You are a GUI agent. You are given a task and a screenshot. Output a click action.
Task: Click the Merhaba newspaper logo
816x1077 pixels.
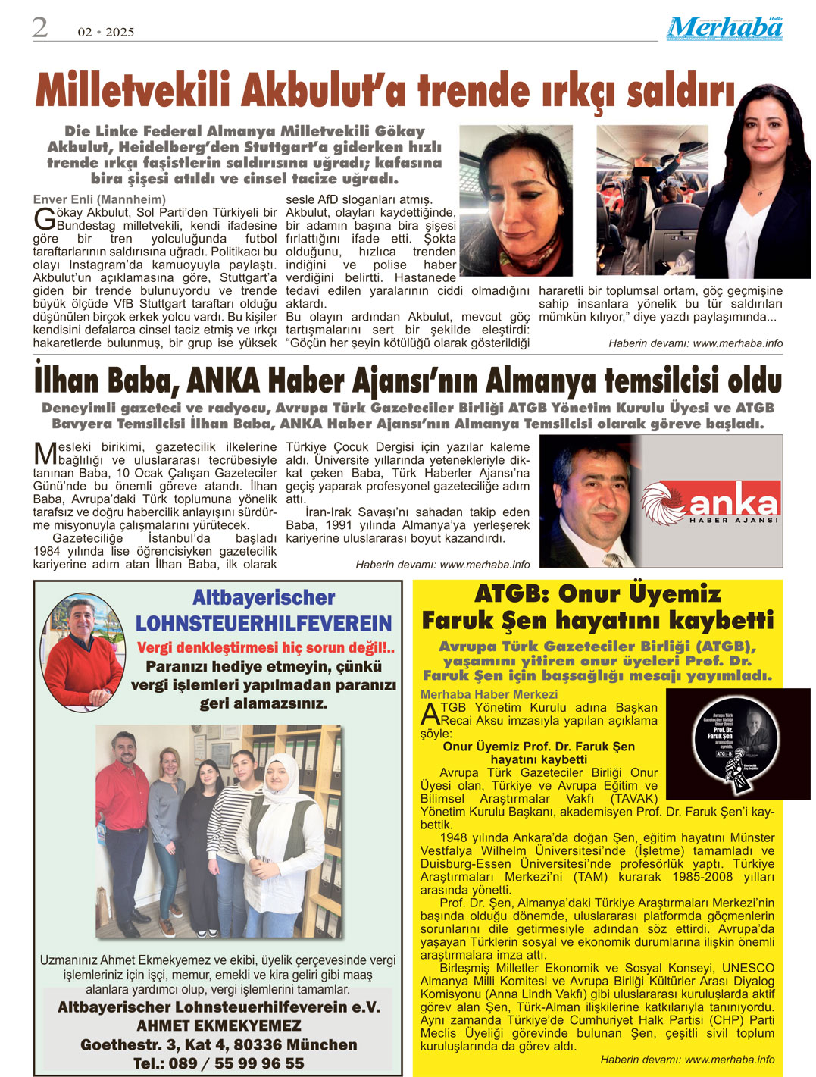point(724,28)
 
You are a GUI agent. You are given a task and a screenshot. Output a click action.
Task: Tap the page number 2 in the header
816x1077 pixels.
point(39,28)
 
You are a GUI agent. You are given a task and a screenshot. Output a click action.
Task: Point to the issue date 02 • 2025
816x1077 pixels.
point(106,32)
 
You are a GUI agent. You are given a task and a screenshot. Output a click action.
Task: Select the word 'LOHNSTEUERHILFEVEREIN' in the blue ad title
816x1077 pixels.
point(264,624)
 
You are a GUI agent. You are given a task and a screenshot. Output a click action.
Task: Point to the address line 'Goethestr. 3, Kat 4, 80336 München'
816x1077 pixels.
point(218,1044)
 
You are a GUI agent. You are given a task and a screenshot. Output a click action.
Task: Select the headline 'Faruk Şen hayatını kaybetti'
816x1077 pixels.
point(597,621)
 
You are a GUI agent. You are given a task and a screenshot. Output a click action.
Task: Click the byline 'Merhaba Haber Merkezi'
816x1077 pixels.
point(489,694)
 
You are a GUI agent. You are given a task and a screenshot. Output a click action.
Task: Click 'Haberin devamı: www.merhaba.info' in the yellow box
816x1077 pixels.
point(687,1059)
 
